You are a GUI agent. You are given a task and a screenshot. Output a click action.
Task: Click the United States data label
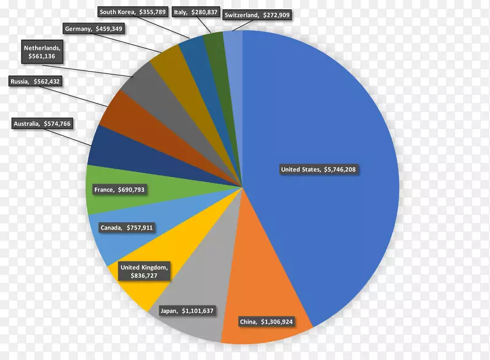click(x=317, y=170)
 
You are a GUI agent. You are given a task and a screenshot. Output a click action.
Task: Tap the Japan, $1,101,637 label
click(x=186, y=310)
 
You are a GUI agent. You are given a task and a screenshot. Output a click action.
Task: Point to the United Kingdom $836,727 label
click(x=145, y=272)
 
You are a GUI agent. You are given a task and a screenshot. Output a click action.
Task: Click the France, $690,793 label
click(x=119, y=190)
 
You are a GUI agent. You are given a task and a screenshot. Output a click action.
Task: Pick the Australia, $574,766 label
click(x=42, y=124)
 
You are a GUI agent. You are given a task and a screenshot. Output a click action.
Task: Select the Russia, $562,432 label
click(x=36, y=81)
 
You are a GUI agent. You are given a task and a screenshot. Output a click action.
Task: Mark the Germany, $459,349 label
click(x=92, y=28)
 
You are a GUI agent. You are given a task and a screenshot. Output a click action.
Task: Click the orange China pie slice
click(x=269, y=294)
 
